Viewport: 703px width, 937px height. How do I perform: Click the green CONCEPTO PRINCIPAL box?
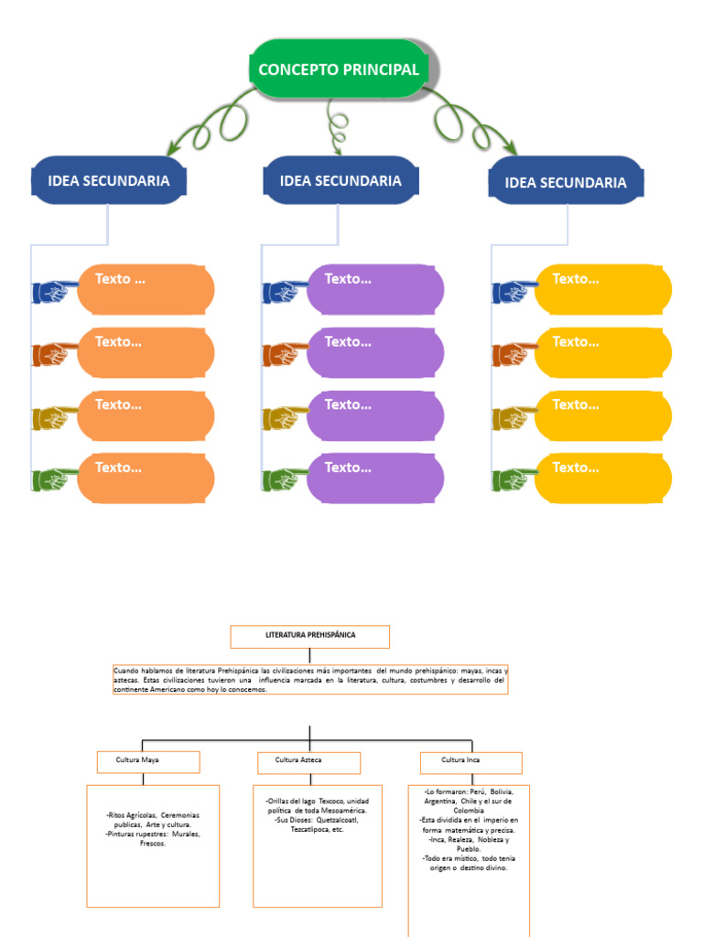[339, 70]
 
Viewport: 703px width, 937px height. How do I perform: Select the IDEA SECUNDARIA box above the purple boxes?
[341, 180]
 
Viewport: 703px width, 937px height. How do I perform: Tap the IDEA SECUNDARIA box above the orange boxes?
[109, 180]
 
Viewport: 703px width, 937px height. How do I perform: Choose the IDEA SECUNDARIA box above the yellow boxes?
[566, 182]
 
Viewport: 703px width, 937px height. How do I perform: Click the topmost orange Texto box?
[146, 289]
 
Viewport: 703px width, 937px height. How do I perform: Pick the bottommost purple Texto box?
[375, 478]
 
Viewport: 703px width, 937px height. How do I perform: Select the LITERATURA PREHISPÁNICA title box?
[309, 636]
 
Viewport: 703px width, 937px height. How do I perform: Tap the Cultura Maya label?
[148, 761]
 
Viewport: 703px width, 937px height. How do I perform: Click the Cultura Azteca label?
[307, 761]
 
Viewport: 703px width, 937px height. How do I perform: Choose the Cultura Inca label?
[470, 761]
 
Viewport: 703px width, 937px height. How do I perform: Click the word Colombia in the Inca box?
[469, 811]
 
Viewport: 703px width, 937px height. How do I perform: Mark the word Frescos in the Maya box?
[153, 843]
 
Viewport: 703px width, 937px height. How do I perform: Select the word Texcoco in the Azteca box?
[331, 801]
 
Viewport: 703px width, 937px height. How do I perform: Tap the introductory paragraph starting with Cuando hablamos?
[309, 680]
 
